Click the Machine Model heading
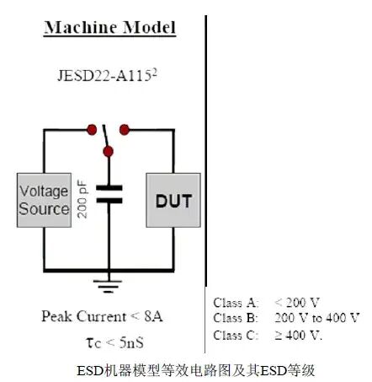[x=110, y=27]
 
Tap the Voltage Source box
[x=44, y=200]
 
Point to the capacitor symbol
[x=109, y=195]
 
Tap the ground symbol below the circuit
[x=109, y=288]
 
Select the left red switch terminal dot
[x=91, y=129]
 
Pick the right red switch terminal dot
[x=125, y=129]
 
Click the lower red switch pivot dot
[x=108, y=152]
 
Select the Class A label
[x=231, y=303]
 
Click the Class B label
[x=231, y=318]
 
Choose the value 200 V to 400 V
[x=316, y=318]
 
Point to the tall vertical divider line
[x=205, y=169]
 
